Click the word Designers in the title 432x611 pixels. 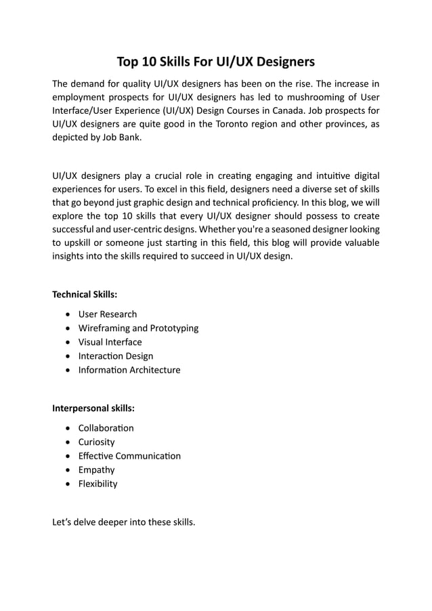(x=284, y=63)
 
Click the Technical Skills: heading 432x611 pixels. (x=85, y=295)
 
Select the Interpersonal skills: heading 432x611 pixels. (x=93, y=408)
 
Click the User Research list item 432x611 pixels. (x=107, y=314)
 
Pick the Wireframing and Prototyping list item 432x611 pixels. (x=138, y=329)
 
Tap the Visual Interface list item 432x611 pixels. (x=110, y=342)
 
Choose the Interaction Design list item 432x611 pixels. (x=116, y=356)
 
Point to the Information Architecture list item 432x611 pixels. (x=129, y=370)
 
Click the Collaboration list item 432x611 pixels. (x=106, y=428)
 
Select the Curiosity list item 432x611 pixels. (x=97, y=442)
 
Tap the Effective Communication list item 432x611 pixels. (x=129, y=456)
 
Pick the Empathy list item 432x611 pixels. (x=96, y=470)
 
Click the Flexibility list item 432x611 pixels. (x=98, y=484)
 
